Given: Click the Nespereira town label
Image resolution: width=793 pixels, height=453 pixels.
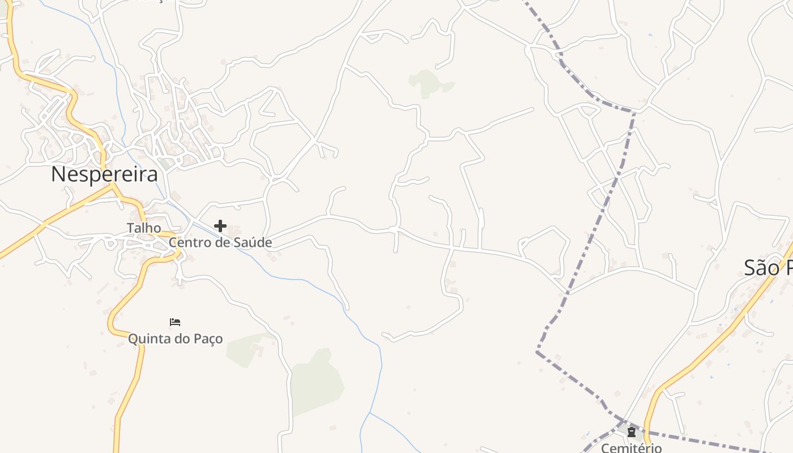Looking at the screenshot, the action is click(x=104, y=174).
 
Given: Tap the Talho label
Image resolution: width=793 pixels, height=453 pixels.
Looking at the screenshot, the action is click(x=143, y=228).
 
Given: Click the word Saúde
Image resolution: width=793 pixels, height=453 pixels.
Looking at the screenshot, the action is click(x=254, y=243).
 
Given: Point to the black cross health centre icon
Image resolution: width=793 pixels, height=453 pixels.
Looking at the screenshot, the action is click(x=220, y=226).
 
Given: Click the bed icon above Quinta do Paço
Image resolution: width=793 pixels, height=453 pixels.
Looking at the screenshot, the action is click(x=175, y=322).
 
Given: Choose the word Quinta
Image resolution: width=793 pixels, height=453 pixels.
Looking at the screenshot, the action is click(x=148, y=339).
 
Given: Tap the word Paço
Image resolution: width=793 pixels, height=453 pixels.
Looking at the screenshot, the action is click(x=207, y=339).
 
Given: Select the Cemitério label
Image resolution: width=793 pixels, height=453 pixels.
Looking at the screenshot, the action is click(x=631, y=448).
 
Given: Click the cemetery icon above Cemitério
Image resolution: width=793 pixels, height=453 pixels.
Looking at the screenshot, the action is click(x=631, y=432).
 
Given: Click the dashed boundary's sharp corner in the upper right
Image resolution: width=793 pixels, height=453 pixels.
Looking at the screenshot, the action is click(x=634, y=112).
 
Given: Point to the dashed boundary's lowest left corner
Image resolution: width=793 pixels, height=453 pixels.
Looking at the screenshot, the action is click(x=537, y=352).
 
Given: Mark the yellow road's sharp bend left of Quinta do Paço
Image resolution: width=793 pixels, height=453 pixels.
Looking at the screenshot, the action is click(x=111, y=327).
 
